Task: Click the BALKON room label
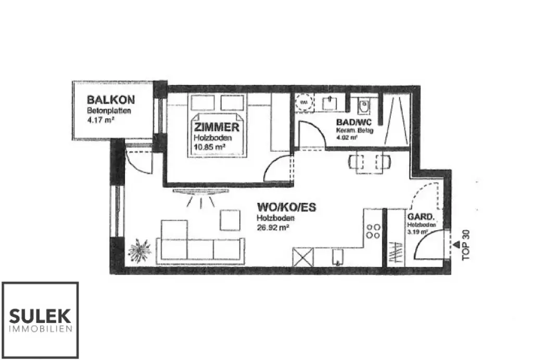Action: pos(111,99)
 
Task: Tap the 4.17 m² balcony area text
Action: pos(100,120)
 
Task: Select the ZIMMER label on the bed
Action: pos(217,128)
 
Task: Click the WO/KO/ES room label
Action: pos(286,207)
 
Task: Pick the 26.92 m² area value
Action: pos(273,227)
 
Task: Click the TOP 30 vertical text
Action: pos(466,245)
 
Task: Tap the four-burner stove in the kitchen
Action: pos(373,231)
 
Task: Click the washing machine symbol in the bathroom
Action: pos(303,103)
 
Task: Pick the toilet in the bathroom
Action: pos(364,106)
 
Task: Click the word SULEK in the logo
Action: pos(40,316)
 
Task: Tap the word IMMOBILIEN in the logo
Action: pos(40,329)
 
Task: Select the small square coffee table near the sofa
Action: pos(230,220)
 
